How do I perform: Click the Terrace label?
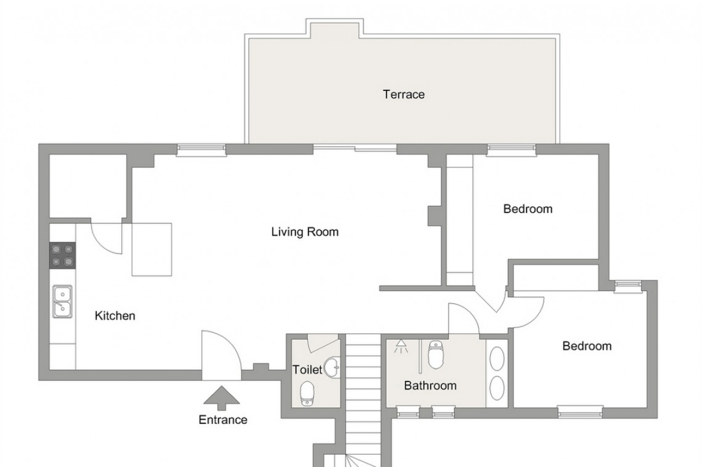(403, 95)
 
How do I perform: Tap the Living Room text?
(305, 232)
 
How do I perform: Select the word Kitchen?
(115, 316)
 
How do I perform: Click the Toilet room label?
(307, 370)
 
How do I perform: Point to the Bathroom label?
(430, 386)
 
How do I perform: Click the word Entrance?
(222, 420)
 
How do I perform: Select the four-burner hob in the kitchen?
(62, 255)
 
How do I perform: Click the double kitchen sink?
(62, 301)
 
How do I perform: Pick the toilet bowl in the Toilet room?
(308, 393)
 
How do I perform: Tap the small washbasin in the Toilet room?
(333, 367)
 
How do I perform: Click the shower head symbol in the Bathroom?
(401, 346)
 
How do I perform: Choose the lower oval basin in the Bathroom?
(497, 388)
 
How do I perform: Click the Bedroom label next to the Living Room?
(528, 209)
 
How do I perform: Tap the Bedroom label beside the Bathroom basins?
(586, 346)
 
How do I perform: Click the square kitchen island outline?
(152, 249)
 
